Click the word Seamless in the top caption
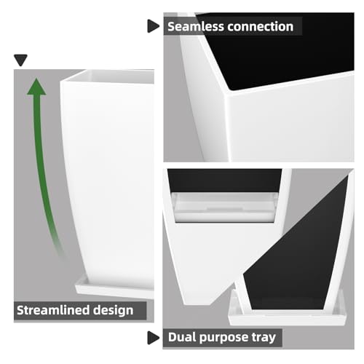(x=195, y=26)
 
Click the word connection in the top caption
(x=260, y=26)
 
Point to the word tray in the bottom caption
(x=264, y=338)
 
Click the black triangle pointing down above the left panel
(x=20, y=60)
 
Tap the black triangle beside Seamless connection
(x=153, y=26)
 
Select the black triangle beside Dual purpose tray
(x=153, y=338)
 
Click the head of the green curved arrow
(x=36, y=87)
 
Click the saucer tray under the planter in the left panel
(x=114, y=289)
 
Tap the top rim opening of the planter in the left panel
(x=109, y=76)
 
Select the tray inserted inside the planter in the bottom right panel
(x=224, y=207)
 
